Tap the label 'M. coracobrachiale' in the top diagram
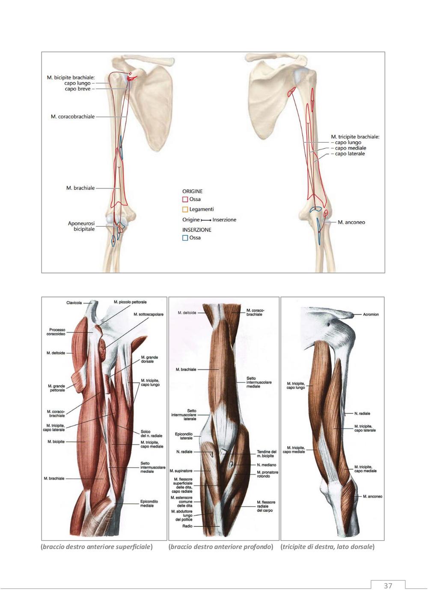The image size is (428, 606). click(73, 117)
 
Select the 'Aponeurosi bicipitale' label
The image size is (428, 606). click(81, 226)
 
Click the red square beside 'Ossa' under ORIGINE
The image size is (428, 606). click(185, 199)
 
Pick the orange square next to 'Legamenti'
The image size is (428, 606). click(185, 209)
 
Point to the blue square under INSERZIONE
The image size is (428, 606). click(185, 238)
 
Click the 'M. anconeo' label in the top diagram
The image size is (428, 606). click(351, 222)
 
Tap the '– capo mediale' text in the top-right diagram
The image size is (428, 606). click(349, 148)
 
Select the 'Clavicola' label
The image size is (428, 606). click(74, 303)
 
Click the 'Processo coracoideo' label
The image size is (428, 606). click(57, 332)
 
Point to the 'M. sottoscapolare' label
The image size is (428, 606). click(149, 315)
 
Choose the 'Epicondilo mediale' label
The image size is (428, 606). click(149, 503)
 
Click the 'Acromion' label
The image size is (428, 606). click(371, 315)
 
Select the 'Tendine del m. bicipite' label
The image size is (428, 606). click(266, 454)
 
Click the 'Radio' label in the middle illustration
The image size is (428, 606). click(187, 526)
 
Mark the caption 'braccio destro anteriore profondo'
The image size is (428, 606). click(221, 546)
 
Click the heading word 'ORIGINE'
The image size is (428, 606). click(192, 191)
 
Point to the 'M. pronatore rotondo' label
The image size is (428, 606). click(267, 474)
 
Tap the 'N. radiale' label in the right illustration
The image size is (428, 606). click(362, 414)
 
